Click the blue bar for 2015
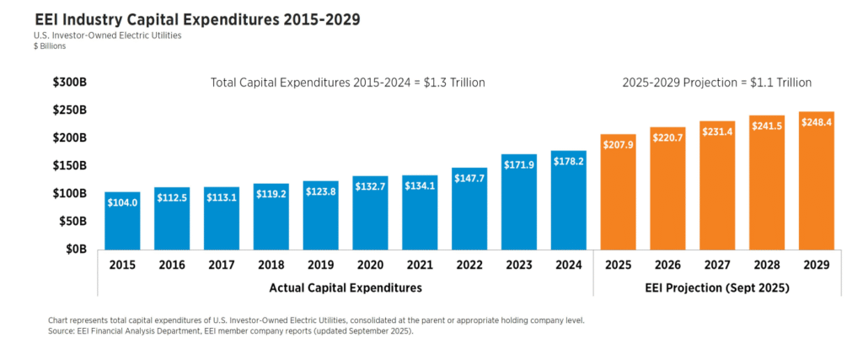[123, 221]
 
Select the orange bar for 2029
[816, 180]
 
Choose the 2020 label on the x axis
[371, 264]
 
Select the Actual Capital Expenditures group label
[346, 288]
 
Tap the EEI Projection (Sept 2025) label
[716, 288]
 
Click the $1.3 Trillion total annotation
[346, 83]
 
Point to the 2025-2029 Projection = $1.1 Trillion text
[716, 83]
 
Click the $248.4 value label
[816, 128]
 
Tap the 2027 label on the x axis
[717, 264]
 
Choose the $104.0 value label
[123, 201]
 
